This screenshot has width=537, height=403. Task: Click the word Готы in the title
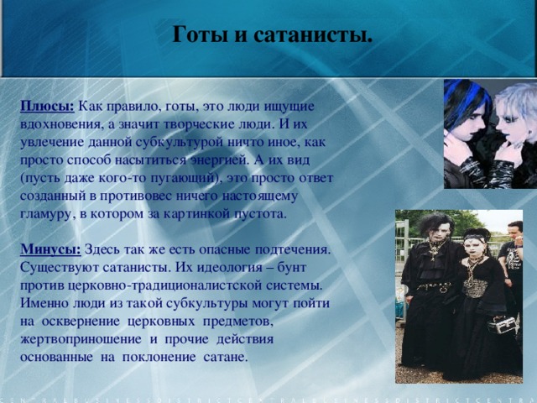point(197,36)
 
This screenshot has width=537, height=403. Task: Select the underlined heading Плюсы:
point(47,106)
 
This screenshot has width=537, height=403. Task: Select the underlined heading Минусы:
point(50,249)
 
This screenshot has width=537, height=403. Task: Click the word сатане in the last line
point(225,356)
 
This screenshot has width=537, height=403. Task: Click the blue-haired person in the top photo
point(468,126)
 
